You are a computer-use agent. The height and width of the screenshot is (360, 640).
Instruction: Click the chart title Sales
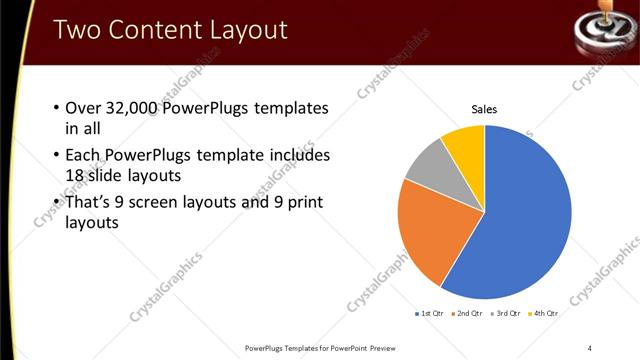[485, 109]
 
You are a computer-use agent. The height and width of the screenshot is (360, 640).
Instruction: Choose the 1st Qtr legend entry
[431, 314]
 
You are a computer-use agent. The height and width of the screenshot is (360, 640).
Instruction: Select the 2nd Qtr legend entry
[469, 314]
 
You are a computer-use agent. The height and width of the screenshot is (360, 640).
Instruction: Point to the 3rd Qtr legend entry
[507, 314]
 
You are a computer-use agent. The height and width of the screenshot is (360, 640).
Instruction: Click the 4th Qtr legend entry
[544, 314]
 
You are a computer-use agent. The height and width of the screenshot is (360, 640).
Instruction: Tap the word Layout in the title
[244, 29]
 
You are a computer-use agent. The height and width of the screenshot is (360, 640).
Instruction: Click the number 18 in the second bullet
[76, 174]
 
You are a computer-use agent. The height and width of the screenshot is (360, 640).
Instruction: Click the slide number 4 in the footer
[591, 348]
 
